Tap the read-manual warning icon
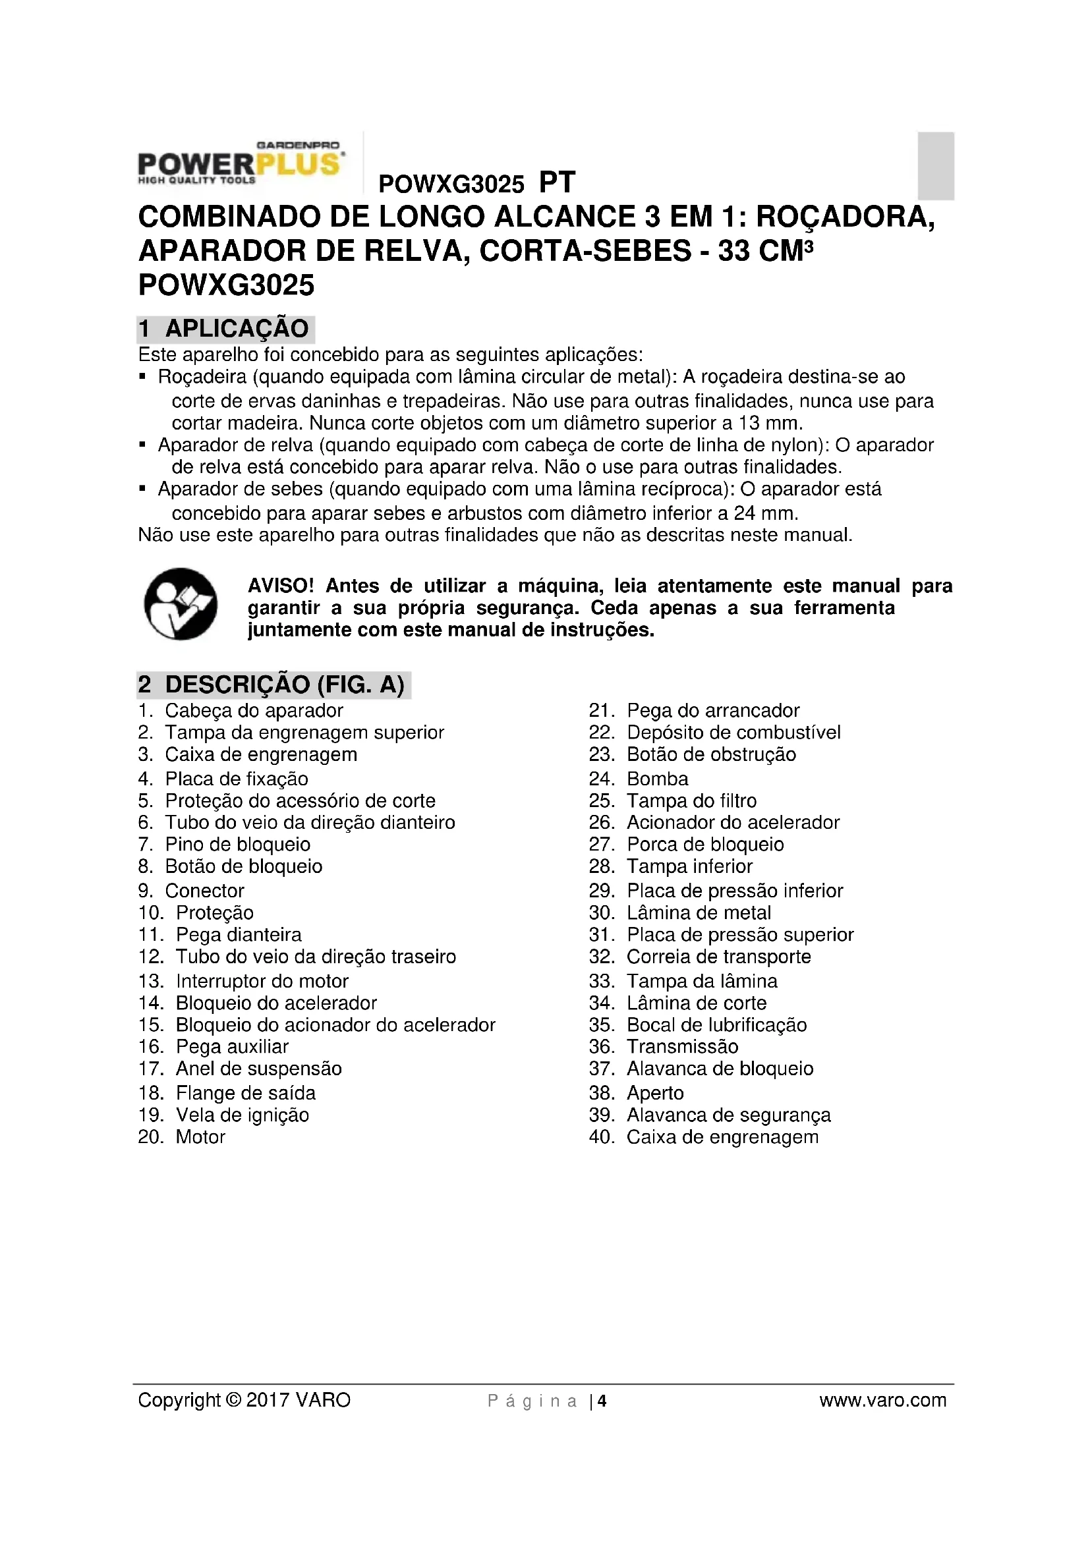[181, 604]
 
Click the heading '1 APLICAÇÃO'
[225, 329]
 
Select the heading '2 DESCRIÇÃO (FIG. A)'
[273, 685]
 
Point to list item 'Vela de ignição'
[242, 1115]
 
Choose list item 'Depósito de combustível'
[733, 732]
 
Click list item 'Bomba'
[657, 779]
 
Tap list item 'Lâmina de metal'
[698, 912]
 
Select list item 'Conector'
[204, 891]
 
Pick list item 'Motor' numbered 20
[200, 1137]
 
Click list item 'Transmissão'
[682, 1046]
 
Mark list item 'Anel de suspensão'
[258, 1069]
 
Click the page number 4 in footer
[602, 1401]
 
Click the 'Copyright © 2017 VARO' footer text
[244, 1400]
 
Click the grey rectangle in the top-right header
[936, 166]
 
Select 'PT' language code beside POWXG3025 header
[557, 182]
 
